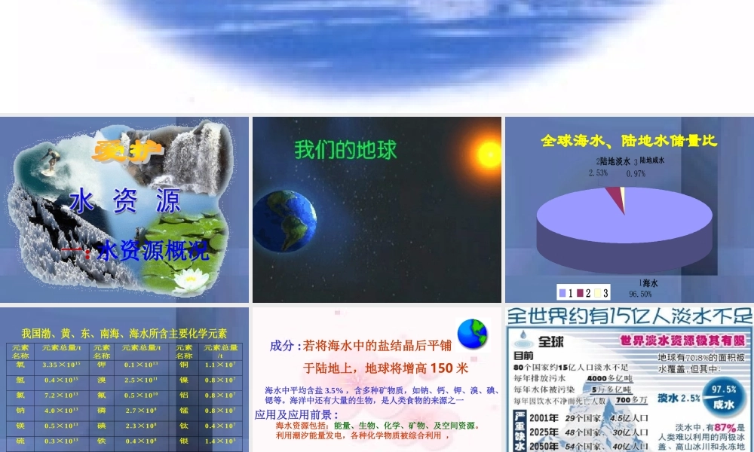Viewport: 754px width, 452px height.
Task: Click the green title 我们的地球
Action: point(345,149)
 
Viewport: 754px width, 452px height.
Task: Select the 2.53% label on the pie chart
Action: point(598,173)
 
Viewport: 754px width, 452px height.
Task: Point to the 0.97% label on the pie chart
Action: point(636,173)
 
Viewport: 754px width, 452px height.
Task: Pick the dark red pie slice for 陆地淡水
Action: point(621,200)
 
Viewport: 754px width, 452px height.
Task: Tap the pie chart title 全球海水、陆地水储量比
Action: point(629,141)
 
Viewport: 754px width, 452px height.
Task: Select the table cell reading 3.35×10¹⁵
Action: point(61,365)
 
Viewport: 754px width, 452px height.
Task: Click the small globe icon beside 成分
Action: point(472,333)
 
